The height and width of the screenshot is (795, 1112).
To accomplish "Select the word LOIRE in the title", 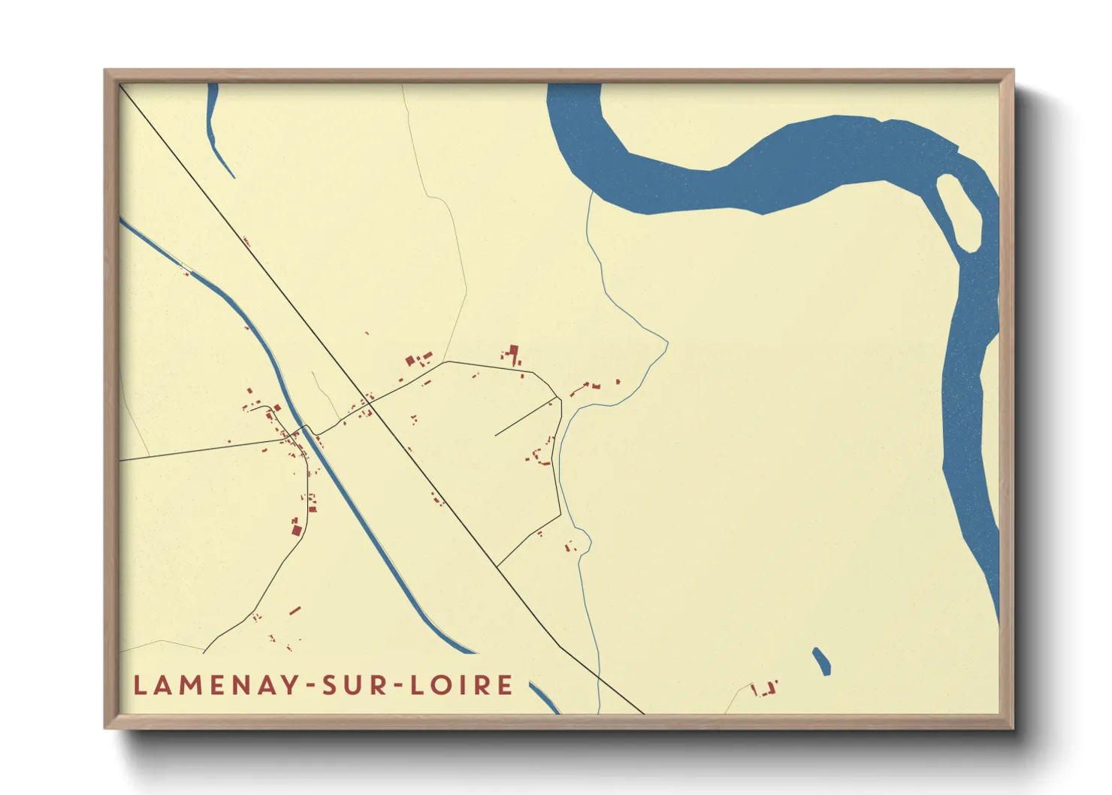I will pos(462,685).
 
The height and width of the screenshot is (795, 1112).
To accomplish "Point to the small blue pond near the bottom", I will pos(821,661).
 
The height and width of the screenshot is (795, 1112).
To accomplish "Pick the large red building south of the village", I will pos(296,531).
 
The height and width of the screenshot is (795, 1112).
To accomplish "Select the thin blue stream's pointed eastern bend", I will pos(666,345).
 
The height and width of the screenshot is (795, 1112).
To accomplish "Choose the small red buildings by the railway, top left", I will pos(246,242).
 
